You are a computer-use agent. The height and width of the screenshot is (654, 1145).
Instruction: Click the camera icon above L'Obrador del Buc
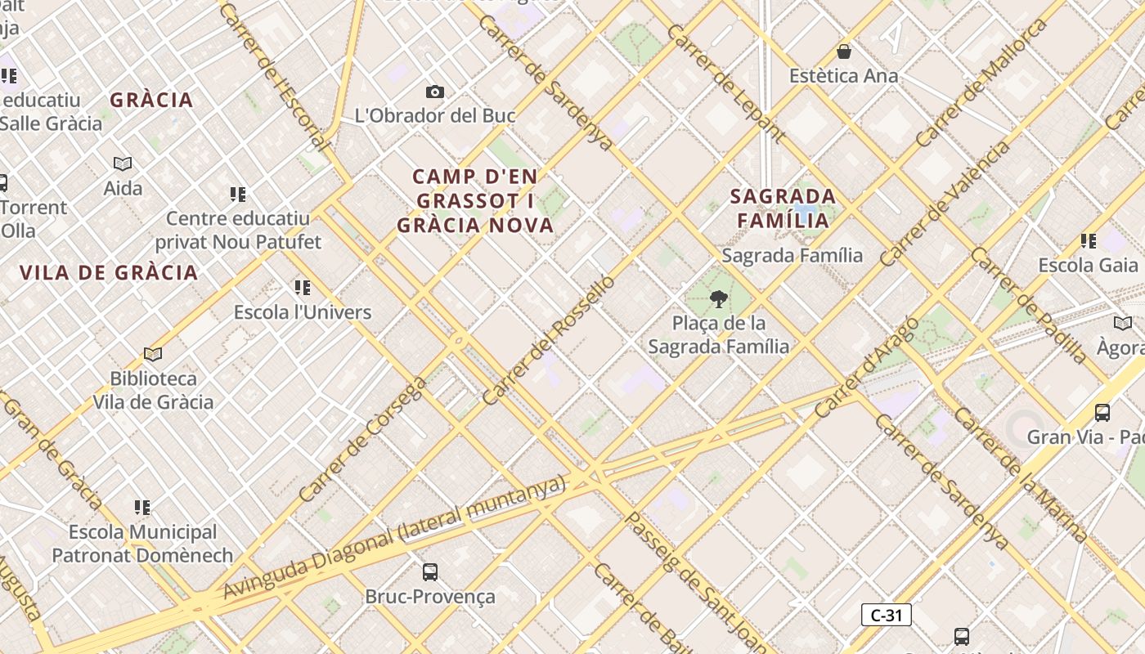pos(435,92)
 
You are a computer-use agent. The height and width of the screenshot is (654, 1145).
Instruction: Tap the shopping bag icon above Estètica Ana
pos(844,52)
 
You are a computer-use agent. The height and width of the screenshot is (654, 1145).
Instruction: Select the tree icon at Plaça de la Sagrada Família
pos(719,299)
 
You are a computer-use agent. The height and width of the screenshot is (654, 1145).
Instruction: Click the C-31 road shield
pos(886,616)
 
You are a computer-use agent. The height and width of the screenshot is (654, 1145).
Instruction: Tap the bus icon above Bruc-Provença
pos(430,572)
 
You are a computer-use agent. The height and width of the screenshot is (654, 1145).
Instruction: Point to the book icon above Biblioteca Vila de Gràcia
pos(153,354)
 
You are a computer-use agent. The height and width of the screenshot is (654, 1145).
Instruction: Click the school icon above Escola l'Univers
pos(303,288)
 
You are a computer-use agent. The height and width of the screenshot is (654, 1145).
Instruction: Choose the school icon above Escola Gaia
pos(1088,241)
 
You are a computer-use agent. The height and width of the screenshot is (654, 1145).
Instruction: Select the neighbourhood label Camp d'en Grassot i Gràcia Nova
pos(475,200)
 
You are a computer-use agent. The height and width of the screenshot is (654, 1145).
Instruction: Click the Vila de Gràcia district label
pos(109,273)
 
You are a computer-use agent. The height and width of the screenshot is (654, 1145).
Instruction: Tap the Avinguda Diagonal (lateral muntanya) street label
pos(394,536)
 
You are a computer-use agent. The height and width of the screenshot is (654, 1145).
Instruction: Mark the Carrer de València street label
pos(945,204)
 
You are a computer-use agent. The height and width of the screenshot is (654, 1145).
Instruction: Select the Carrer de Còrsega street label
pos(362,440)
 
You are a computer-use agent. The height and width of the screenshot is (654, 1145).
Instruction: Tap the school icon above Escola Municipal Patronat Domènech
pos(142,508)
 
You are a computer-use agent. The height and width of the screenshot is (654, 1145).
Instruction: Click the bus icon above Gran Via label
pos(1102,413)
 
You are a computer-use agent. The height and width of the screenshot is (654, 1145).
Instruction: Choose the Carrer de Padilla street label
pos(1029,304)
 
